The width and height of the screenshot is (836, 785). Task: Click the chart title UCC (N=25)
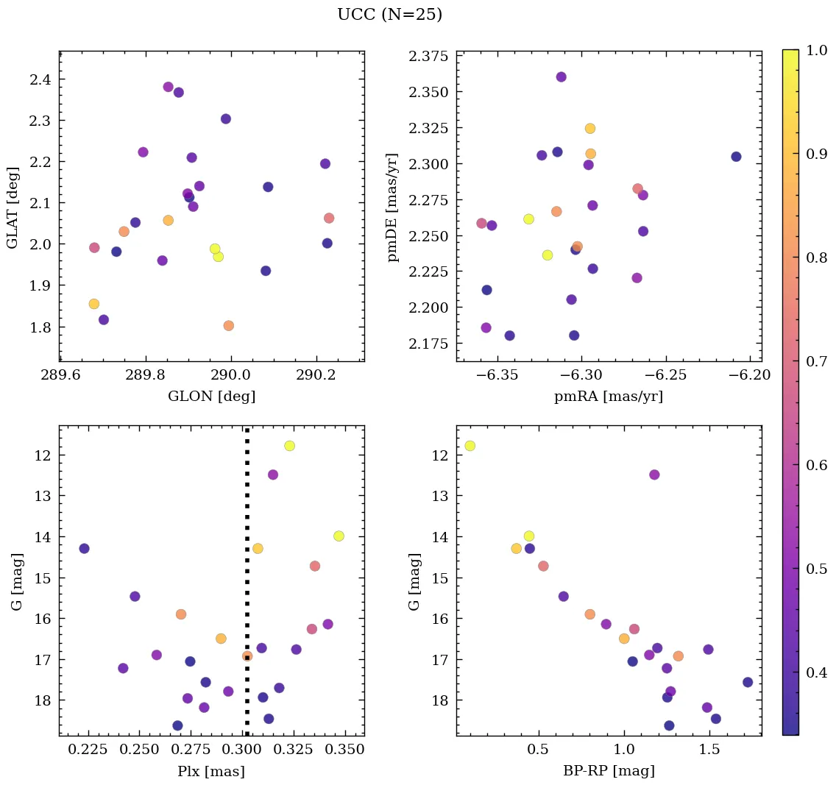tap(389, 15)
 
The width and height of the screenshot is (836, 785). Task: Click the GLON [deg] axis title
tap(212, 397)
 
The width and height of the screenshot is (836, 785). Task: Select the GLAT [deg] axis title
tap(13, 206)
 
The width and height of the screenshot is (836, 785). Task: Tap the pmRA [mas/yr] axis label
tap(609, 397)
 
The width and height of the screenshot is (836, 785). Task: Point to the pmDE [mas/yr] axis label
tap(394, 207)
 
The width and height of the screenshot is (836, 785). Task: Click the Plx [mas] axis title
tap(212, 772)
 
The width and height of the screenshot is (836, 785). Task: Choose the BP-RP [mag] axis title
tap(609, 772)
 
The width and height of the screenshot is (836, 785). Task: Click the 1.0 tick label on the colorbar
tap(817, 51)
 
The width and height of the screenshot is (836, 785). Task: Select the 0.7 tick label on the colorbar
tap(817, 361)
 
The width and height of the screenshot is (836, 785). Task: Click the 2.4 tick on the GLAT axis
tap(42, 79)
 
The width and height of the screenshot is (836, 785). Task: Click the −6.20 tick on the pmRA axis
tap(751, 375)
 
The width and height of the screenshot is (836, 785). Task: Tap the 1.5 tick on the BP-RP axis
tap(710, 750)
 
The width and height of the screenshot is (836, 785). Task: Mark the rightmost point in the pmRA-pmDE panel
tap(736, 157)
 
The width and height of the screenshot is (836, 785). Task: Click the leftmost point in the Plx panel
tap(84, 548)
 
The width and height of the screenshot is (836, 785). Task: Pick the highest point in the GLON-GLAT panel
tap(168, 87)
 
